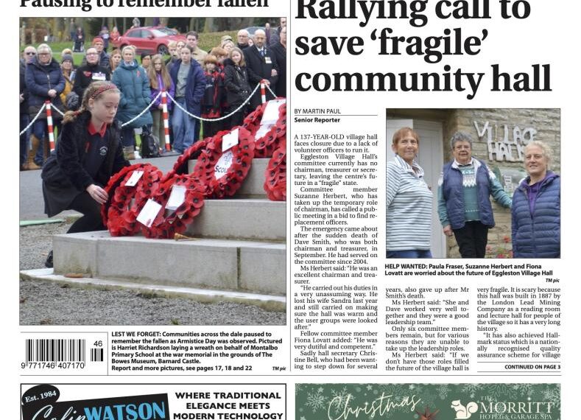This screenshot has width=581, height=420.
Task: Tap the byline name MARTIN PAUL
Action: point(327,111)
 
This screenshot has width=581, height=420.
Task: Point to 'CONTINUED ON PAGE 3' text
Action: point(532,367)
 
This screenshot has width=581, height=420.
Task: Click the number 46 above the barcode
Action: point(98,343)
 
